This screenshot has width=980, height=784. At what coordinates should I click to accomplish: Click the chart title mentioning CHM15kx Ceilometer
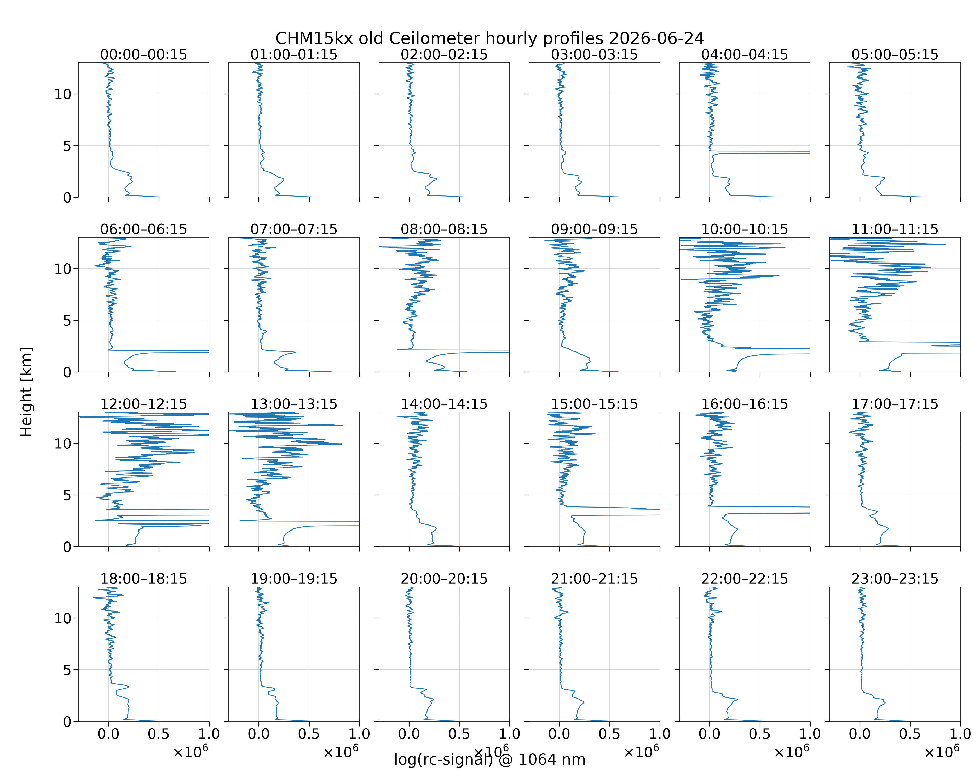click(489, 38)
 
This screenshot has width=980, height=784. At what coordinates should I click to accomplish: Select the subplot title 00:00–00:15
click(144, 55)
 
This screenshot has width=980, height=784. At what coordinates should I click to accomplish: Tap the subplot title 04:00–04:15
click(745, 55)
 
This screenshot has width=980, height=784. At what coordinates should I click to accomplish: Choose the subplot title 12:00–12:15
click(144, 404)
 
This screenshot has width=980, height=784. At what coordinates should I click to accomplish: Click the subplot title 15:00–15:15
click(595, 404)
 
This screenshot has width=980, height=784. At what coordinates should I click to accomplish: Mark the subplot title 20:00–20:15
click(444, 579)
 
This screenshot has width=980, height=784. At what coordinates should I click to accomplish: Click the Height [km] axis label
click(26, 392)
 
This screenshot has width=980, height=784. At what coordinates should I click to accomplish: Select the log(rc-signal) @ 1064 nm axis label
click(489, 759)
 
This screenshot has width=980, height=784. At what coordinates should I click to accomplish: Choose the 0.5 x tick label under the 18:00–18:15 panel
click(159, 734)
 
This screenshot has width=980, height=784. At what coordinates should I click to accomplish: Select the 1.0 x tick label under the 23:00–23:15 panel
click(960, 734)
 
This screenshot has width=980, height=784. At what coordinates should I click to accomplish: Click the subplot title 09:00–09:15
click(595, 229)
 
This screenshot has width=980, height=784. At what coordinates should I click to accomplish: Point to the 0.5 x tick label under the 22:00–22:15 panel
click(759, 734)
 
